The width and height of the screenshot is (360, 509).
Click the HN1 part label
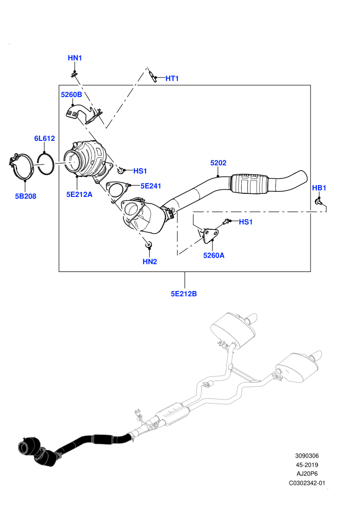pyautogui.click(x=75, y=58)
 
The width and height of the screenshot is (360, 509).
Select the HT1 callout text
pyautogui.click(x=172, y=78)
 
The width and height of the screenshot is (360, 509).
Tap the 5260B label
pyautogui.click(x=71, y=95)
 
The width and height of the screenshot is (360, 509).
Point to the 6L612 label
pyautogui.click(x=44, y=138)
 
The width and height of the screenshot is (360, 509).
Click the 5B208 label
pyautogui.click(x=26, y=196)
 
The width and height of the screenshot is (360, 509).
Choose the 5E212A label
pyautogui.click(x=79, y=194)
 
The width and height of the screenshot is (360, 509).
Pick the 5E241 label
pyautogui.click(x=151, y=186)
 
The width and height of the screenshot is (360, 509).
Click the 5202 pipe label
pyautogui.click(x=218, y=162)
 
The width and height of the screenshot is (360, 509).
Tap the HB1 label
pyautogui.click(x=319, y=188)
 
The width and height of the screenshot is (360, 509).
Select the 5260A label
pyautogui.click(x=213, y=255)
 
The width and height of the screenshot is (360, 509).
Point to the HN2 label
pyautogui.click(x=150, y=261)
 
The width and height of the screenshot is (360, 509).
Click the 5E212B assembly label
pyautogui.click(x=184, y=294)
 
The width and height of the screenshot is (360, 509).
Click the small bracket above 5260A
pyautogui.click(x=209, y=235)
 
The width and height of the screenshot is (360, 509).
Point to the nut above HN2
pyautogui.click(x=149, y=244)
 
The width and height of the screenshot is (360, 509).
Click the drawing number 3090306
pyautogui.click(x=307, y=456)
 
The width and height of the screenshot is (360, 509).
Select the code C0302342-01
pyautogui.click(x=307, y=483)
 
